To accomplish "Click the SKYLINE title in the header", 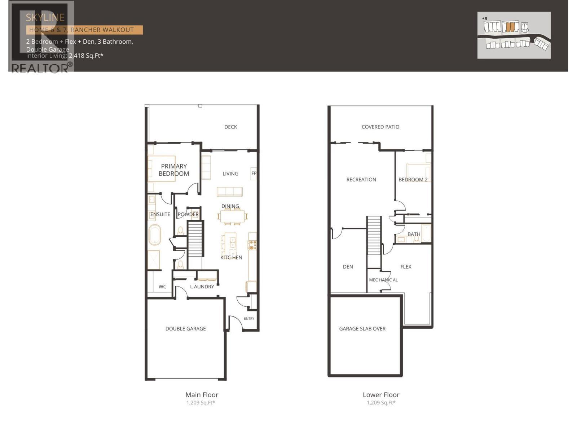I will click(x=45, y=17).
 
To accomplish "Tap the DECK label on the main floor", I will click(x=231, y=127).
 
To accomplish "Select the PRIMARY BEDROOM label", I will click(x=174, y=170).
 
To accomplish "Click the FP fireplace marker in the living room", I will click(x=254, y=173).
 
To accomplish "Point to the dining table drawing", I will click(x=233, y=216).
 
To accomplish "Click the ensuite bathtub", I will click(x=155, y=235).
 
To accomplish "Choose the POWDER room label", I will click(x=188, y=214).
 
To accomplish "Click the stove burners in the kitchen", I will click(x=252, y=245).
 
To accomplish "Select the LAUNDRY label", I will click(x=202, y=287).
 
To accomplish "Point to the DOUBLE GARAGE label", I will click(x=185, y=329).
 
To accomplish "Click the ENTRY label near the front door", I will click(x=249, y=319).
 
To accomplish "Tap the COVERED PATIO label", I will click(x=380, y=127).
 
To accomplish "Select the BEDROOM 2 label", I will click(x=413, y=180).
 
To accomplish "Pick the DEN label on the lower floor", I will click(x=348, y=267).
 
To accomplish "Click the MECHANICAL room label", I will click(x=383, y=280).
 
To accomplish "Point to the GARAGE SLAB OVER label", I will click(x=362, y=329).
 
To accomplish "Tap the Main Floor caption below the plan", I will click(x=202, y=395).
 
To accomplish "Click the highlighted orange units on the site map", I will click(x=510, y=27).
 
